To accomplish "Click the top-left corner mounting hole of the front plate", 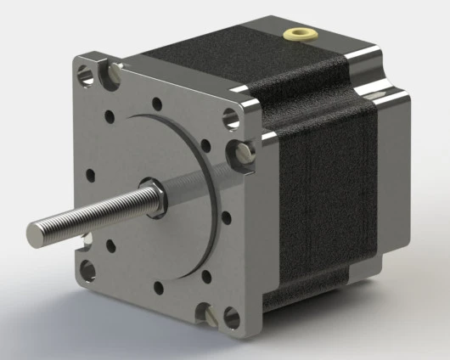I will [x=85, y=74].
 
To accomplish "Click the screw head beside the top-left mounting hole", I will [x=109, y=76].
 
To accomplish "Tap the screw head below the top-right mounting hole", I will [x=241, y=155].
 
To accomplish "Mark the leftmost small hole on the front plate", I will [x=91, y=178].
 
